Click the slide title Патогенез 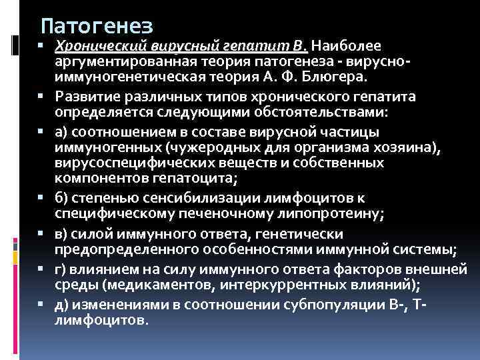[97, 26]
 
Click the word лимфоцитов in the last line [101, 321]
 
